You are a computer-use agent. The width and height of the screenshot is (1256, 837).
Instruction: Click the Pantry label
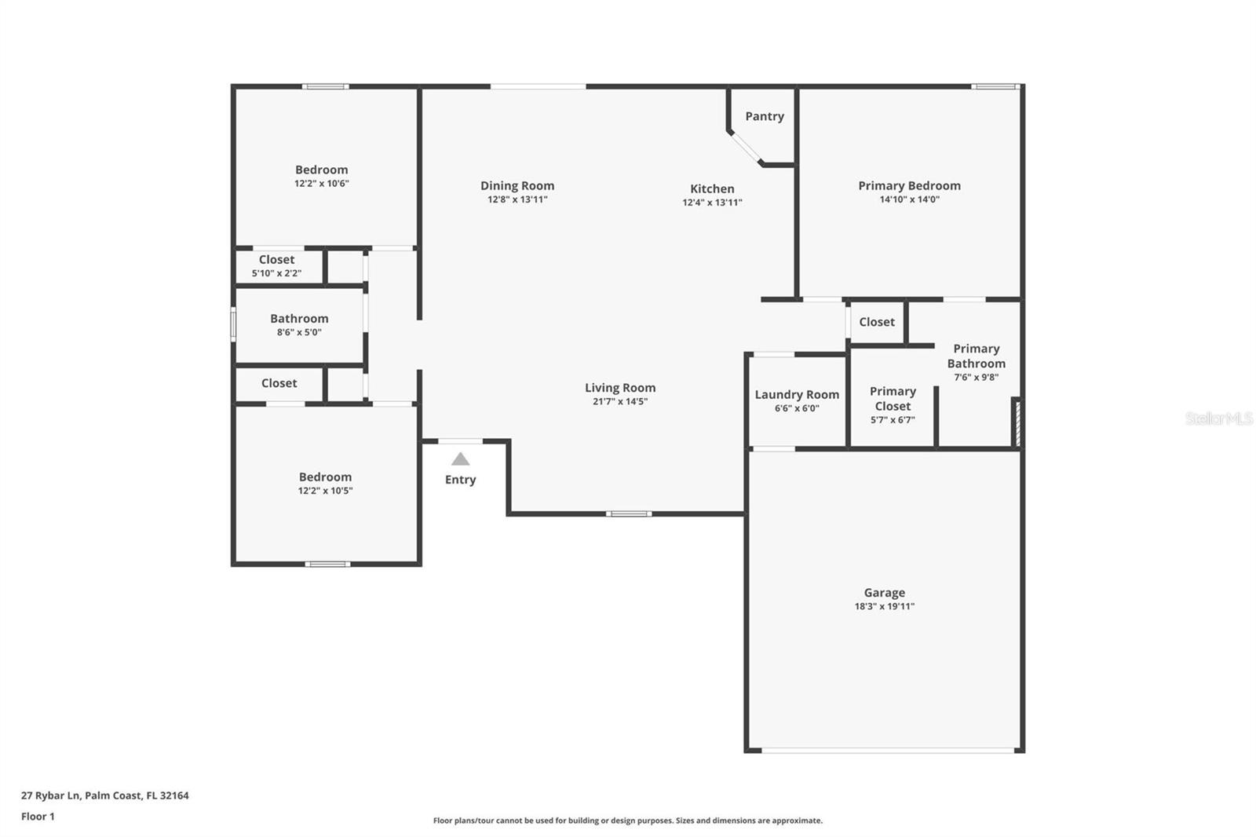pos(765,116)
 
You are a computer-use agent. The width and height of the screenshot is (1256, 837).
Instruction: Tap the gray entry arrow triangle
pos(460,459)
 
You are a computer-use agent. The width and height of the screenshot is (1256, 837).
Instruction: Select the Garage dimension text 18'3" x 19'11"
pos(884,606)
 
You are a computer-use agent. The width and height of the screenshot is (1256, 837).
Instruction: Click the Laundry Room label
pos(797,394)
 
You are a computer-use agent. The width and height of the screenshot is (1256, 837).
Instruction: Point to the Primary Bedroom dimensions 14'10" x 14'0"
pos(910,199)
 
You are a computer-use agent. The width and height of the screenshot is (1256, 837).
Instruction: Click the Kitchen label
pos(712,188)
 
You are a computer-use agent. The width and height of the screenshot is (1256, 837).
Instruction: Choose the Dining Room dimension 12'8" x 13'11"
pos(517,199)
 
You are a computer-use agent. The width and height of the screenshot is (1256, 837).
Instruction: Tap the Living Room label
pos(620,388)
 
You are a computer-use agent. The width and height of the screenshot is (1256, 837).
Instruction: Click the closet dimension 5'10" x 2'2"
pos(276,273)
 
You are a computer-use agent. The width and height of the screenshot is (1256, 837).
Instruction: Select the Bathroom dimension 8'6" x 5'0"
pos(299,332)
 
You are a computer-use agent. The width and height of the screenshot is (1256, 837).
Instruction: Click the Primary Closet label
pos(893,398)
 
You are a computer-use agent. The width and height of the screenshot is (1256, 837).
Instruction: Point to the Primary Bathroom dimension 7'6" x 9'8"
pos(977,377)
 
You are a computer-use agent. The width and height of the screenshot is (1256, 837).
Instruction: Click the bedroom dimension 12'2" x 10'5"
pos(325,490)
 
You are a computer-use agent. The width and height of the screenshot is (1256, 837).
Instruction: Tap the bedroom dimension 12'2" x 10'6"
pos(321,183)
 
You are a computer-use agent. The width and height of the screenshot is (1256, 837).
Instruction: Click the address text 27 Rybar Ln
pos(51,795)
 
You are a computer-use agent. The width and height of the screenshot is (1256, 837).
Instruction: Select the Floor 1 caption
pos(38,817)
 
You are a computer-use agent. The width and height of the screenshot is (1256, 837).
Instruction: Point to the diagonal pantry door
pos(745,148)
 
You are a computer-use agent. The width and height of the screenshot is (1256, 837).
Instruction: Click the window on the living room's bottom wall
pos(629,514)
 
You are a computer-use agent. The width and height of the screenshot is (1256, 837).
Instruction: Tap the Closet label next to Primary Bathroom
pos(877,322)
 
